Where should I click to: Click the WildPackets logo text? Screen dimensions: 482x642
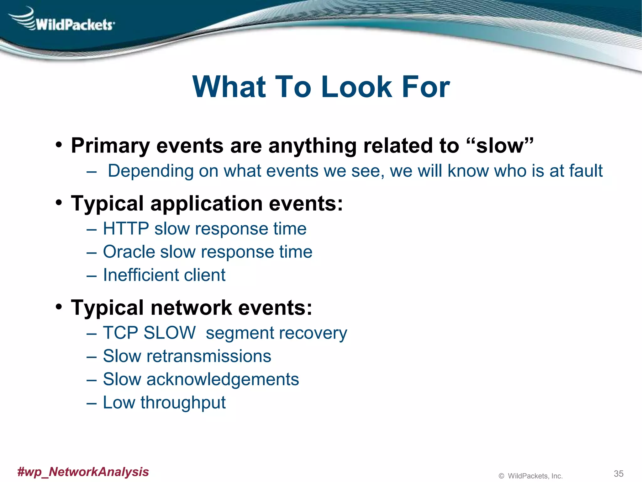75,24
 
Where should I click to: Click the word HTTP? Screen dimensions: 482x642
126,228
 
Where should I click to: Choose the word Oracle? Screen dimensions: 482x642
129,252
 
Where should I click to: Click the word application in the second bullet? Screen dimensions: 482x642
206,204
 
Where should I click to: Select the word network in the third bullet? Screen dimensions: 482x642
191,308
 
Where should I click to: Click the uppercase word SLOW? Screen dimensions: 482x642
169,333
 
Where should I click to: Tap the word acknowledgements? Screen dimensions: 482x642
223,379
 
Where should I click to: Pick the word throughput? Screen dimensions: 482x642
183,403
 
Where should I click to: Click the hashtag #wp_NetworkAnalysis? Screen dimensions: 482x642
83,472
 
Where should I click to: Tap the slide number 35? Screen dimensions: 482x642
618,474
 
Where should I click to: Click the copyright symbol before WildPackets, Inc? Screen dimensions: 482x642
501,476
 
